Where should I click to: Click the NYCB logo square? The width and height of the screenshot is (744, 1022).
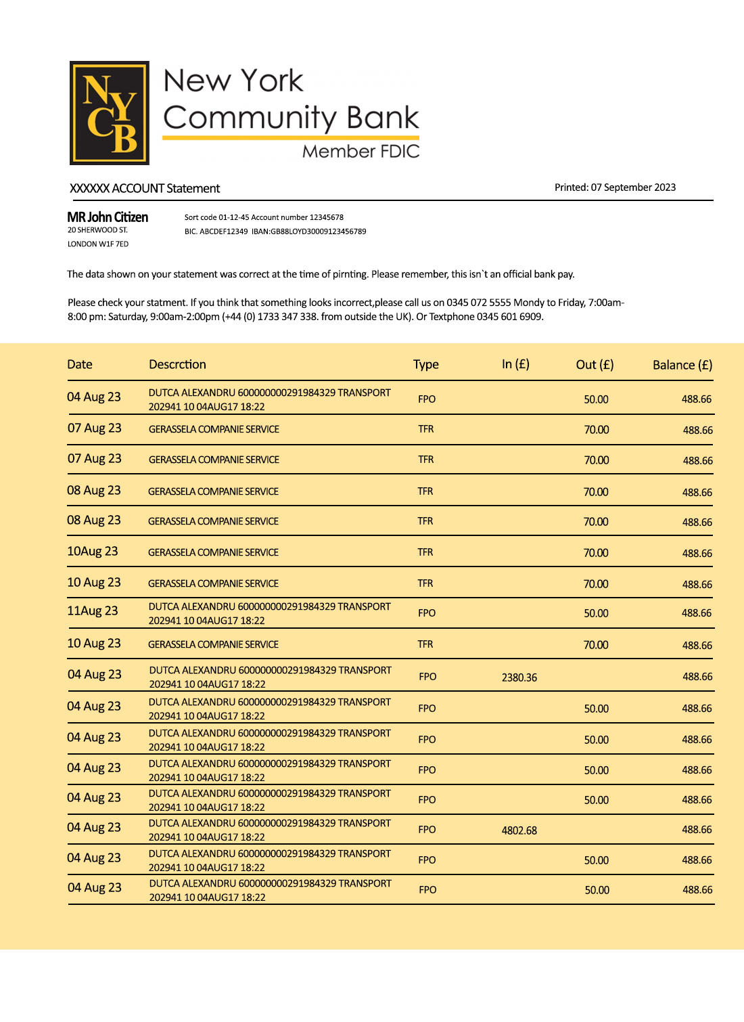click(x=110, y=113)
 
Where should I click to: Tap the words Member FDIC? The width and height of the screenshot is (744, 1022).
click(x=361, y=151)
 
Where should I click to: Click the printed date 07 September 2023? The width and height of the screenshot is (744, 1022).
click(x=633, y=187)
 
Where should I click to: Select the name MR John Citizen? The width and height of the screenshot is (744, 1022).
click(x=108, y=217)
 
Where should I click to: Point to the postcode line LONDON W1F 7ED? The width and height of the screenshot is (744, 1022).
click(x=98, y=244)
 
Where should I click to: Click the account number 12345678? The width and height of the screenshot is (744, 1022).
click(x=327, y=217)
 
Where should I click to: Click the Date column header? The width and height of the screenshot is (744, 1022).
click(x=80, y=364)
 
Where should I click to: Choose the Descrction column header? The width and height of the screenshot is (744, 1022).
click(x=177, y=364)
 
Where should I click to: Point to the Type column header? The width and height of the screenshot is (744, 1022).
click(x=426, y=364)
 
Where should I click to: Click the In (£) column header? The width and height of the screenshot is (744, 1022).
click(x=515, y=364)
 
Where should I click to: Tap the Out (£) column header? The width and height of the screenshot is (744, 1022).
click(x=595, y=365)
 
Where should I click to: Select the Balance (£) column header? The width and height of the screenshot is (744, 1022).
click(x=682, y=365)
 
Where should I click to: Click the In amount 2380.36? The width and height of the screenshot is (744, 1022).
click(x=519, y=677)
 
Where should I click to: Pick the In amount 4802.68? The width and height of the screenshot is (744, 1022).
click(x=519, y=830)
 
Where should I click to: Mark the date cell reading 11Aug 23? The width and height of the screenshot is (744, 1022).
click(x=93, y=611)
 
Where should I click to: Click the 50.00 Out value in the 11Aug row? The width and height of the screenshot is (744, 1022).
click(x=596, y=613)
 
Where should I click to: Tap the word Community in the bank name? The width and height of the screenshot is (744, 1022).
click(x=249, y=118)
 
